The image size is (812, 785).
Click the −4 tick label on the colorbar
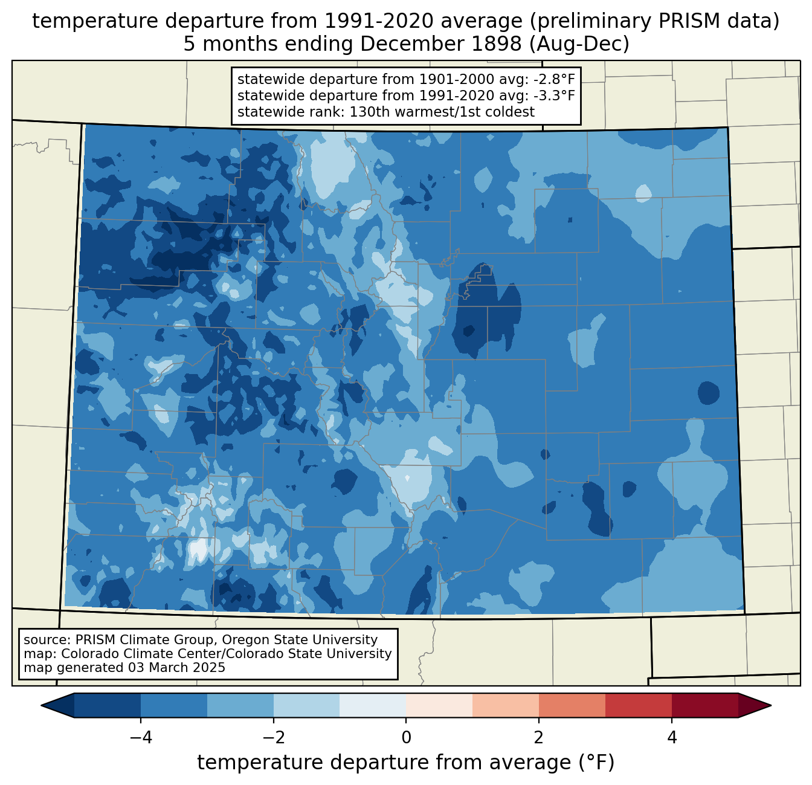point(141,738)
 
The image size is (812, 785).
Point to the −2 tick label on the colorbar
point(274,738)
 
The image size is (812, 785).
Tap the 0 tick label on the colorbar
point(406,738)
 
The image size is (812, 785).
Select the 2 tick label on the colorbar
point(539,738)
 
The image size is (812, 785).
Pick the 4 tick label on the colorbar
point(671,738)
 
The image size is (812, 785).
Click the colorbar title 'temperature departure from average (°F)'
point(405,762)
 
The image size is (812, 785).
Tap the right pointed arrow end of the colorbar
point(755,706)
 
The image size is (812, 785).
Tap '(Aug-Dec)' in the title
point(579,44)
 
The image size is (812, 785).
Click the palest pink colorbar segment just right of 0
point(439,706)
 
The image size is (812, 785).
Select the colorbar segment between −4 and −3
point(173,706)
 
